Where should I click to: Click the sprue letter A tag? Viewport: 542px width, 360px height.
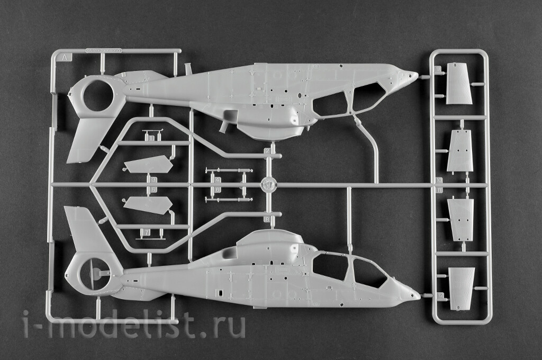[x=65, y=56]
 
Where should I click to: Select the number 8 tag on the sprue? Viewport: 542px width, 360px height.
[x=438, y=69]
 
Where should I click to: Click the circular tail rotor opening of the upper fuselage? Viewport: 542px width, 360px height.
[x=98, y=96]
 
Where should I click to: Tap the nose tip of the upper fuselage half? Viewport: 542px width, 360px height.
[x=415, y=75]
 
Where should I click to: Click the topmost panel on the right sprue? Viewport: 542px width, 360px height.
[x=458, y=83]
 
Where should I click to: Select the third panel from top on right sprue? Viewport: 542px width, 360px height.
[x=460, y=219]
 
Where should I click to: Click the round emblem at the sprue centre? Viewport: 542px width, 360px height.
[x=268, y=185]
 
